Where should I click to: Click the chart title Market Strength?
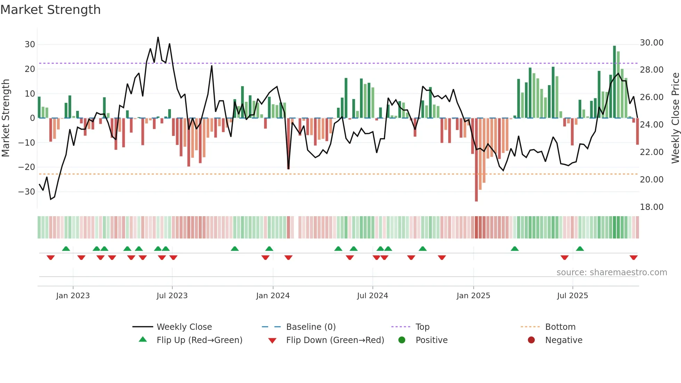click(x=50, y=10)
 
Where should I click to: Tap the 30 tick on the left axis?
click(x=30, y=44)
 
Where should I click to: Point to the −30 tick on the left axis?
click(x=27, y=192)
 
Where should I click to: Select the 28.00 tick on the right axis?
click(x=651, y=70)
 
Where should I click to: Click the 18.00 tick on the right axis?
click(x=651, y=207)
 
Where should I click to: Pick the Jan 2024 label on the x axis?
click(x=273, y=296)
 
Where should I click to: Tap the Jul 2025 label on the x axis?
click(x=572, y=296)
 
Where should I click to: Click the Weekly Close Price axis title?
click(x=675, y=118)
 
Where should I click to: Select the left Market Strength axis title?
click(x=6, y=118)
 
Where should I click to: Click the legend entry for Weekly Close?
click(x=184, y=327)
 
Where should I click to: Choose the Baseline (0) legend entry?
click(x=311, y=327)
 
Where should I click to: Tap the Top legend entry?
click(x=422, y=327)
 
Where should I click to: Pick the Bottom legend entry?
click(x=560, y=327)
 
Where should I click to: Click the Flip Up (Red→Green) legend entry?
click(x=199, y=340)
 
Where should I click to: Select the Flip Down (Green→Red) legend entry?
click(x=335, y=340)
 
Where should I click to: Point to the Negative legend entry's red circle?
click(x=531, y=340)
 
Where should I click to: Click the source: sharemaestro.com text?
click(x=612, y=272)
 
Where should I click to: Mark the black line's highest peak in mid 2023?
click(x=158, y=38)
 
